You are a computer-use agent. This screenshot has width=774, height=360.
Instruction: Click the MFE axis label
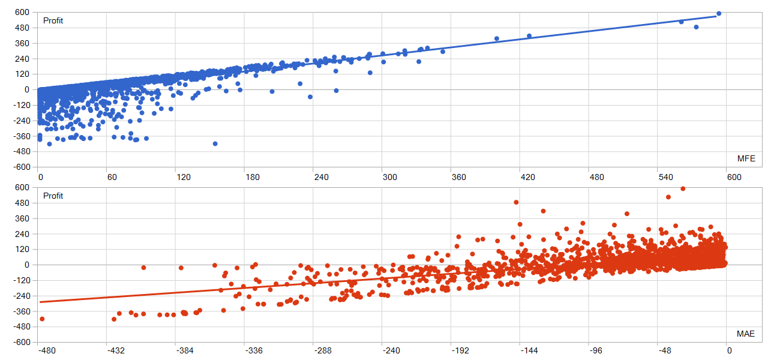746,158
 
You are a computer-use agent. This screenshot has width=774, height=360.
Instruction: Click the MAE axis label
746,334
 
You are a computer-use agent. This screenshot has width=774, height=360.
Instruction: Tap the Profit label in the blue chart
53,21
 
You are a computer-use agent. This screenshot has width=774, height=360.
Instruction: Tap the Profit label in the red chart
53,196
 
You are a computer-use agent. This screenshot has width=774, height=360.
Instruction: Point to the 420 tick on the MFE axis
529,178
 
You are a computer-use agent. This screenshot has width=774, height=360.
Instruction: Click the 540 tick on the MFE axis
667,178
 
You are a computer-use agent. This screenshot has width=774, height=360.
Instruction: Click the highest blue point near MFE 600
719,13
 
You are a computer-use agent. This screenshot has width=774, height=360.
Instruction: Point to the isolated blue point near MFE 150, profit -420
215,144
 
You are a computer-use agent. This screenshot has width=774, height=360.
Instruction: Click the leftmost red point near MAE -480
42,319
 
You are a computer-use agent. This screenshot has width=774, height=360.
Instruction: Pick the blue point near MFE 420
529,36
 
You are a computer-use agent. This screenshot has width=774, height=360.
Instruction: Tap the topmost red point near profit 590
683,188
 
